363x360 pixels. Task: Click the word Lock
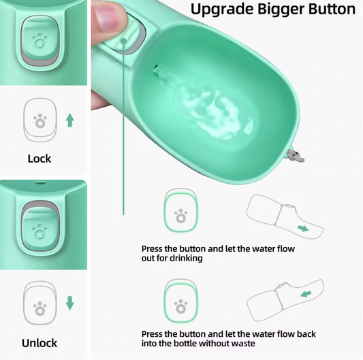(x=40, y=159)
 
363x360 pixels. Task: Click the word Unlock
(x=40, y=343)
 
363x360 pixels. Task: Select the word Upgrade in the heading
(x=222, y=10)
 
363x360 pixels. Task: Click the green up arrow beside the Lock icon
(x=69, y=120)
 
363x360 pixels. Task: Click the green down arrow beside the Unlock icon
(x=69, y=303)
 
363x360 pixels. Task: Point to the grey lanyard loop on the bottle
(x=295, y=156)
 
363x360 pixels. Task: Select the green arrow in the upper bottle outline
(x=303, y=229)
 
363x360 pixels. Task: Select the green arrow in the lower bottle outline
(x=306, y=294)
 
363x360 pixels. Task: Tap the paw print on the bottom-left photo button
(x=40, y=232)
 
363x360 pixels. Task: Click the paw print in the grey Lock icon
(x=40, y=121)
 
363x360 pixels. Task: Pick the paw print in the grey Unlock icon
(x=40, y=308)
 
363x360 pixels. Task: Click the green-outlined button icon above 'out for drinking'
(x=181, y=210)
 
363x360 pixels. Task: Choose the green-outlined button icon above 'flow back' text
(x=181, y=301)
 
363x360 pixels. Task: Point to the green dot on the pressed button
(x=124, y=42)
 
